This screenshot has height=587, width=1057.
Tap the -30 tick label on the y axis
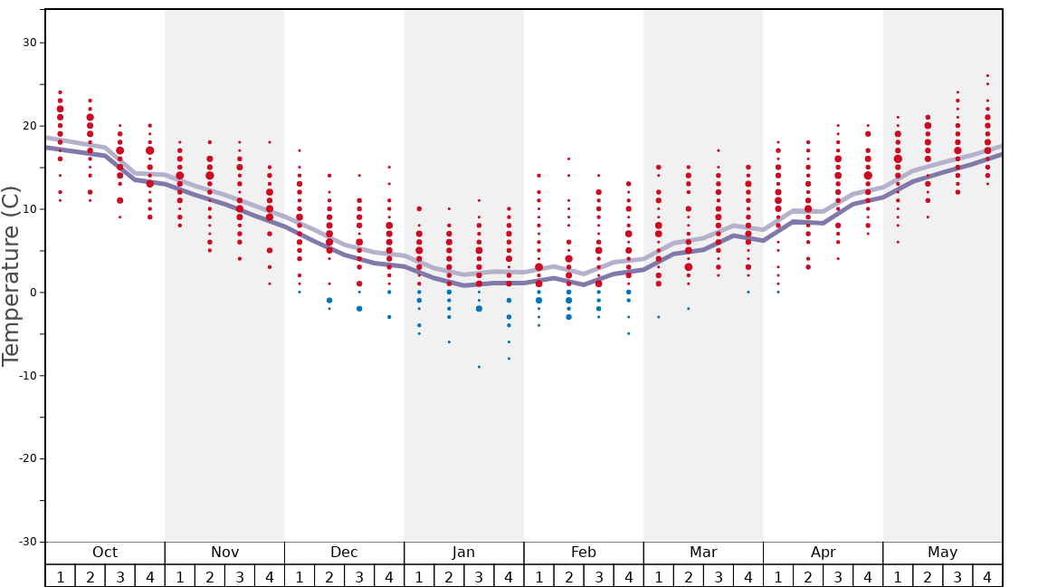pos(25,542)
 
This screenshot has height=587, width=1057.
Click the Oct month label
pos(105,553)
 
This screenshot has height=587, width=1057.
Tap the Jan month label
pos(463,553)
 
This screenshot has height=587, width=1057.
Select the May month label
pos(942,553)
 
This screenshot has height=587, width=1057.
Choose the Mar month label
pos(703,553)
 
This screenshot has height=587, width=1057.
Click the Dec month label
pos(344,553)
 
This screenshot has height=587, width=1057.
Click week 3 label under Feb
pos(598,576)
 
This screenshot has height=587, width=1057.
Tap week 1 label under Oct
pos(61,576)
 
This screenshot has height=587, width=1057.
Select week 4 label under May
pos(987,576)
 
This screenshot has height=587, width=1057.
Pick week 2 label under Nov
pos(210,576)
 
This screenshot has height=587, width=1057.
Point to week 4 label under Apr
pos(868,576)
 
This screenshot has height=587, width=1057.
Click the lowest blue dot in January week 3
pos(479,367)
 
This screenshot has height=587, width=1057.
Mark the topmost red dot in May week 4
pos(987,75)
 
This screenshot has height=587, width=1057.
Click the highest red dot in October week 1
pos(61,92)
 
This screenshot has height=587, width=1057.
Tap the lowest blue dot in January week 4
pos(509,359)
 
